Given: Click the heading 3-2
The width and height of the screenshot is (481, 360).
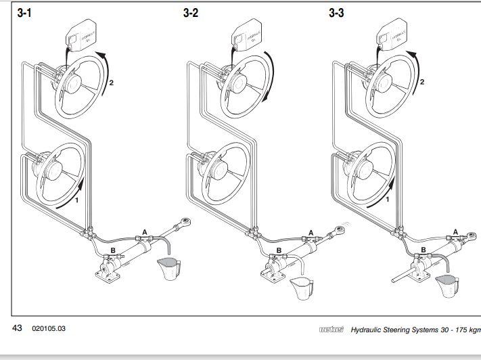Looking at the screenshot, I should (x=190, y=13).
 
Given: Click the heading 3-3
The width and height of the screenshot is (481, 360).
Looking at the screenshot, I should (x=336, y=13).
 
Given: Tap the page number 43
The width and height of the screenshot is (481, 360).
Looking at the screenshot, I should (x=18, y=328).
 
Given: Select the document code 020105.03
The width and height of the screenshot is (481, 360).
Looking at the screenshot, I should (x=49, y=329).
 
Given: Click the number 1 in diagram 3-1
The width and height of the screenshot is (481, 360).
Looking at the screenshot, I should (x=77, y=200).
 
